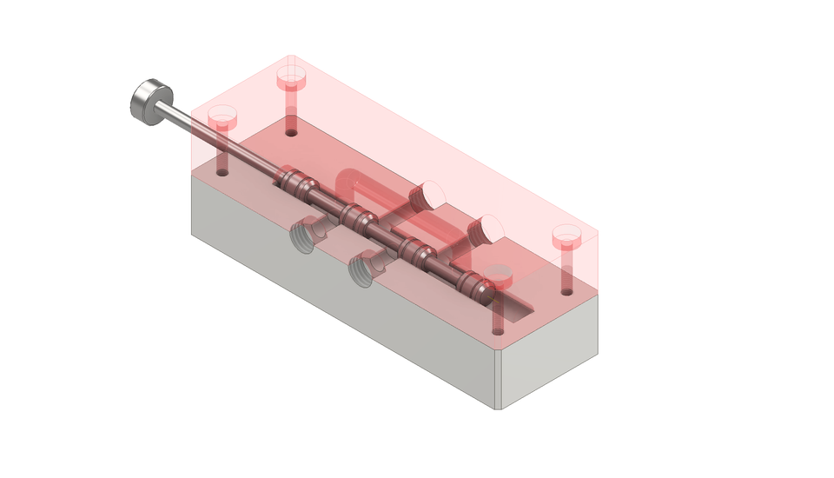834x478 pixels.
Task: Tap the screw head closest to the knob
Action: click(222, 115)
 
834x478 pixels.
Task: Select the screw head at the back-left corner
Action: click(292, 79)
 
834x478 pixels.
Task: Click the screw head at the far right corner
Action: click(566, 235)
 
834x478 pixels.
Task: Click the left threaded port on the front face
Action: click(303, 236)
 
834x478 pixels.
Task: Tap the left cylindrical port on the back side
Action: click(430, 195)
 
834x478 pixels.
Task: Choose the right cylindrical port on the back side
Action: click(486, 229)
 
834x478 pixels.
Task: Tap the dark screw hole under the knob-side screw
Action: click(222, 172)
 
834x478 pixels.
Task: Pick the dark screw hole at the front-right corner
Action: click(497, 331)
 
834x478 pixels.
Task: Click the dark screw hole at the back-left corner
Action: click(291, 134)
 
